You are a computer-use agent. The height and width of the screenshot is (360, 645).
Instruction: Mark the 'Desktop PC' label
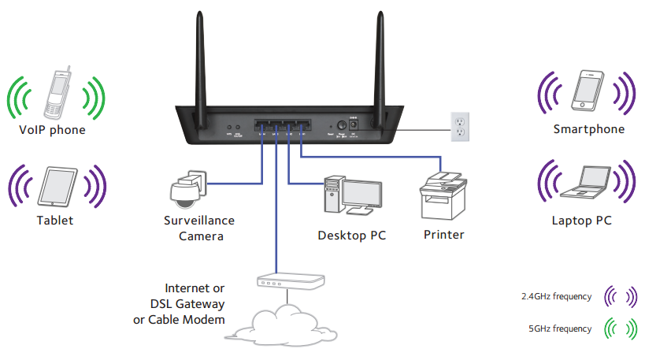click(x=352, y=235)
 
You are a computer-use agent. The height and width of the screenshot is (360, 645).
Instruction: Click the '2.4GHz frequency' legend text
click(x=556, y=296)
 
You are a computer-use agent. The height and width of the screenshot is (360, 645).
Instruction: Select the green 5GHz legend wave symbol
click(x=620, y=328)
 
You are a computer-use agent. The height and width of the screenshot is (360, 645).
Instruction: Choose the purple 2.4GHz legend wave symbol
click(x=620, y=296)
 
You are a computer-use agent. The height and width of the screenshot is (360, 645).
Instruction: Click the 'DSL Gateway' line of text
click(x=186, y=304)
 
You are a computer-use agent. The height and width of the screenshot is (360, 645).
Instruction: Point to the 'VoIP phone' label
click(x=52, y=129)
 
